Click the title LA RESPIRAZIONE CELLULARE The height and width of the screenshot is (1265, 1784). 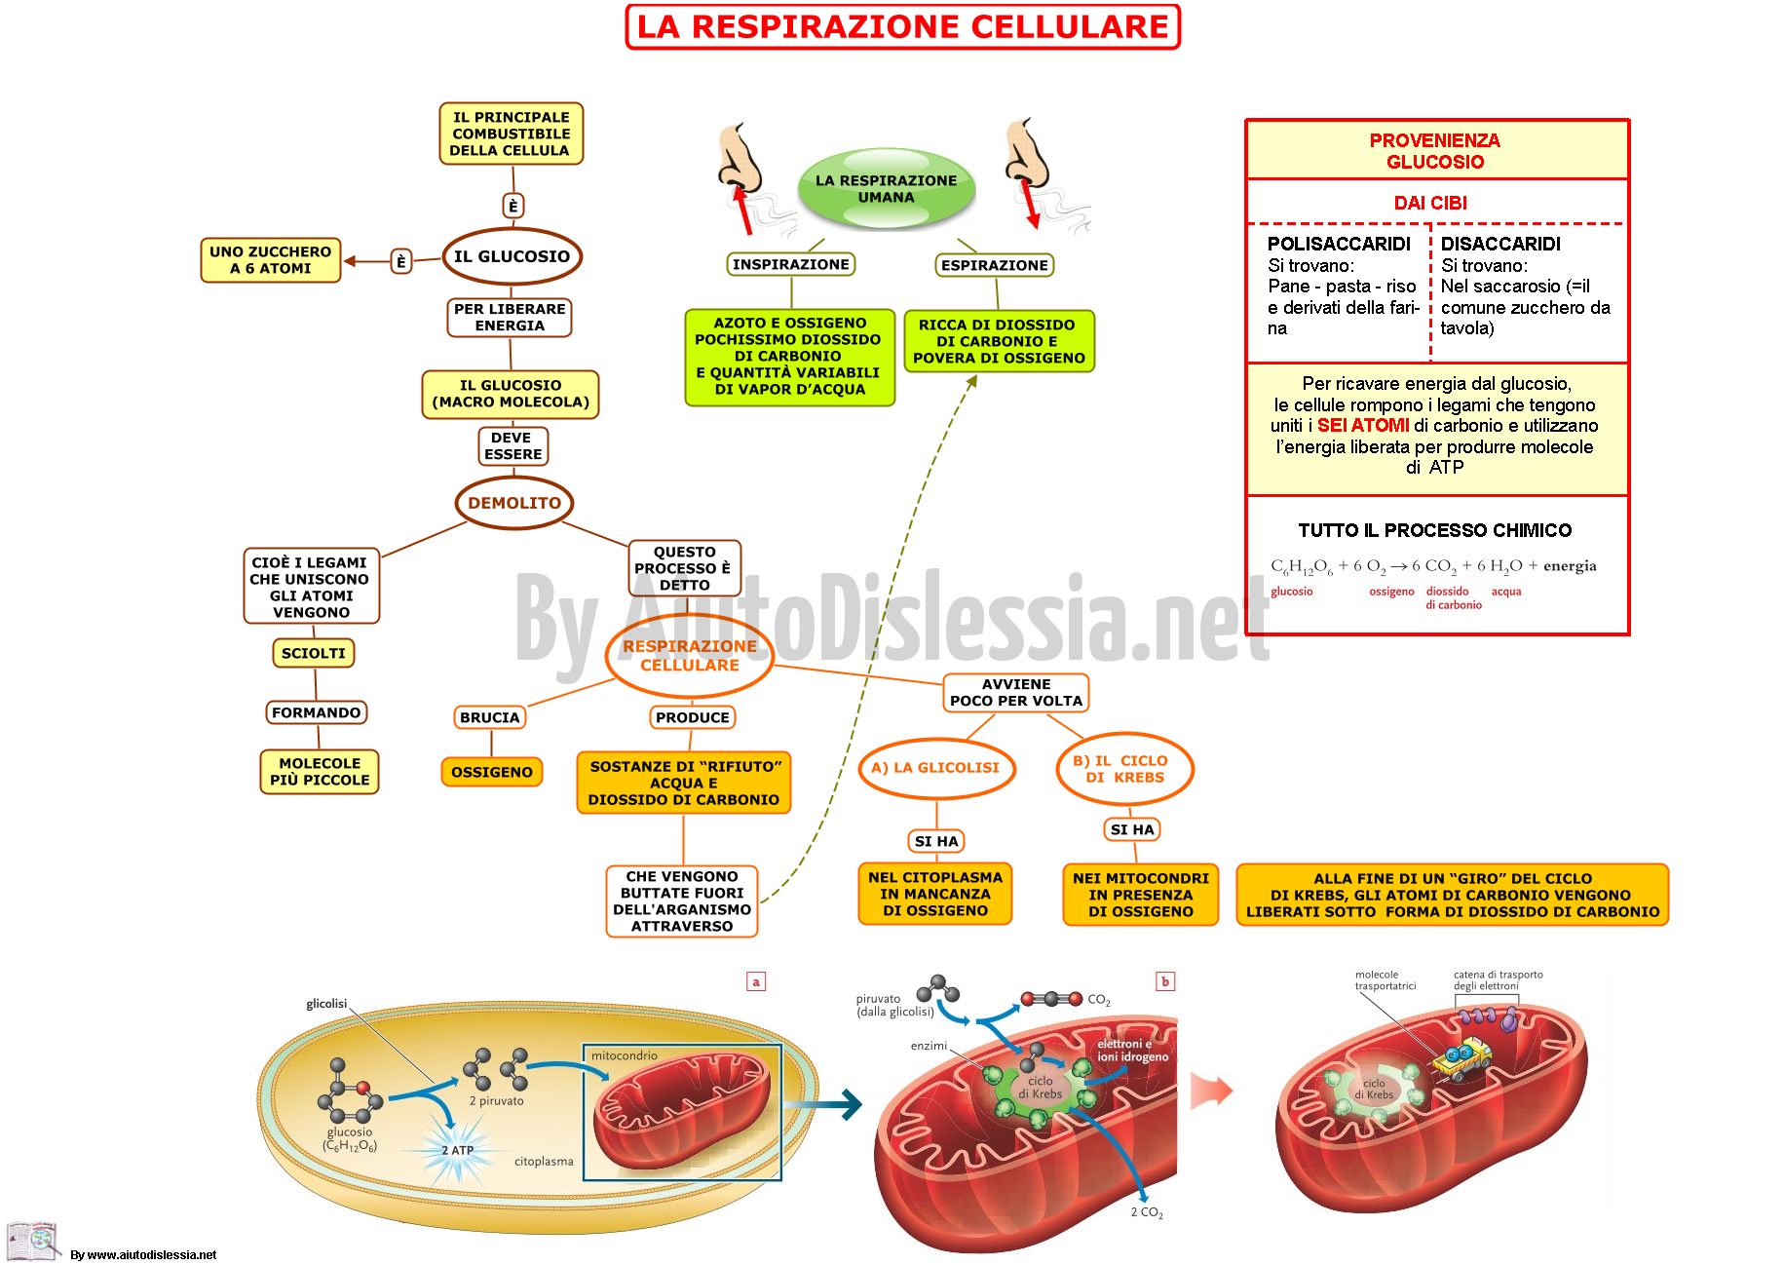click(x=902, y=26)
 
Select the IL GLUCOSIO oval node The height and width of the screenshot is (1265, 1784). click(x=512, y=256)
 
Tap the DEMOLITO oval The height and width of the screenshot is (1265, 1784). click(x=514, y=503)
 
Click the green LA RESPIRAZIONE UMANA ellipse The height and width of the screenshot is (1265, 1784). click(x=887, y=188)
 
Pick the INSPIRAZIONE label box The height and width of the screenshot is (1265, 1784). click(x=791, y=264)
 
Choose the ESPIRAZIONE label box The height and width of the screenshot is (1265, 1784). click(x=995, y=265)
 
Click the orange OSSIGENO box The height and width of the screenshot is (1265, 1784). click(x=492, y=772)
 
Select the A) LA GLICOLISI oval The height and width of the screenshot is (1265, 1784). click(x=936, y=768)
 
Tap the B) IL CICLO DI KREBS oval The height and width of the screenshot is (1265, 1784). click(x=1125, y=769)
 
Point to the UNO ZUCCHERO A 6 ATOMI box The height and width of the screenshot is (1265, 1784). click(x=271, y=260)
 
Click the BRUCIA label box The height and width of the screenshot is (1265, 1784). click(x=490, y=717)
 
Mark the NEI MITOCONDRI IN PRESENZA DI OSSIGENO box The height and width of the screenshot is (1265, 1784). click(x=1141, y=895)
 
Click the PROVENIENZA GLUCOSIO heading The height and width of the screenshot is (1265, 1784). click(x=1435, y=151)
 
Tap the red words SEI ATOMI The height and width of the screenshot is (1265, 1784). click(x=1363, y=426)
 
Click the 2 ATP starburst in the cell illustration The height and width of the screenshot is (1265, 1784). click(x=457, y=1151)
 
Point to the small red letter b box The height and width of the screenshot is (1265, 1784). click(x=1164, y=981)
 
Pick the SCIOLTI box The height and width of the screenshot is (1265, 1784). click(x=314, y=653)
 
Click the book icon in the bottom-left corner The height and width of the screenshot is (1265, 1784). click(x=33, y=1241)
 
